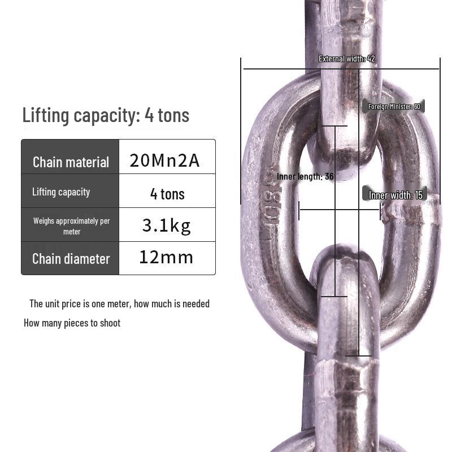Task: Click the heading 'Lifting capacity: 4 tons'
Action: pyautogui.click(x=106, y=115)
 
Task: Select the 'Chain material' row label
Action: pyautogui.click(x=71, y=162)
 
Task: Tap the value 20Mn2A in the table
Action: pyautogui.click(x=164, y=160)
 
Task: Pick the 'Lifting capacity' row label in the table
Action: pyautogui.click(x=61, y=192)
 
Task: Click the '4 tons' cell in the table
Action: pyautogui.click(x=167, y=194)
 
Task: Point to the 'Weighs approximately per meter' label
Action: pyautogui.click(x=71, y=226)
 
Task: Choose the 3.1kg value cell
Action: pyautogui.click(x=166, y=226)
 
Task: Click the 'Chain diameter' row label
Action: pyautogui.click(x=71, y=259)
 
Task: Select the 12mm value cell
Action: pyautogui.click(x=166, y=258)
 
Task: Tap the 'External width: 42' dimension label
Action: pyautogui.click(x=346, y=59)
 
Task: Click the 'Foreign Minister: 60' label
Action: pyautogui.click(x=394, y=107)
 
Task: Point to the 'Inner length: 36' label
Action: pyautogui.click(x=305, y=177)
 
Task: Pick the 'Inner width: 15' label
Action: pyautogui.click(x=395, y=195)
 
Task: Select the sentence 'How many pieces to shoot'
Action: pyautogui.click(x=72, y=323)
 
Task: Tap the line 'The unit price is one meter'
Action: pyautogui.click(x=119, y=304)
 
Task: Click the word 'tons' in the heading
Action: pyautogui.click(x=173, y=115)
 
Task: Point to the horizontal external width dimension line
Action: pyautogui.click(x=294, y=69)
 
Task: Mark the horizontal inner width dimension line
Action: pyautogui.click(x=339, y=210)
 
